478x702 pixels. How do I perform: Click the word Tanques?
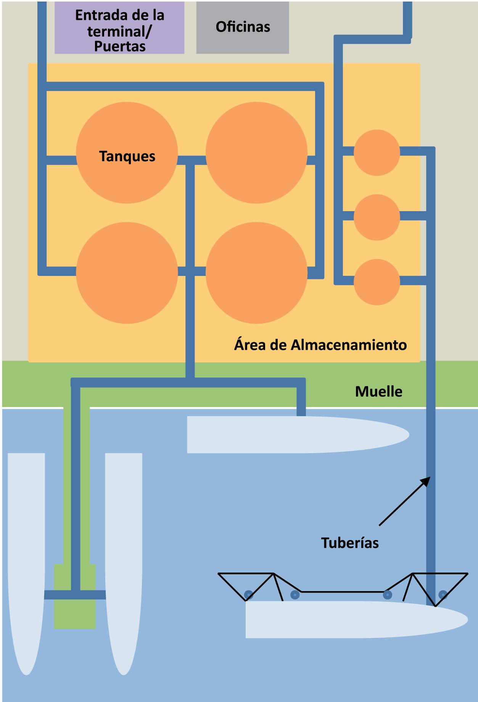click(x=127, y=156)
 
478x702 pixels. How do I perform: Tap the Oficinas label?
click(x=243, y=27)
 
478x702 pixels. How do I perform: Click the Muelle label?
click(x=378, y=391)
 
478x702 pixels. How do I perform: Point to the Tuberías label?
click(x=350, y=543)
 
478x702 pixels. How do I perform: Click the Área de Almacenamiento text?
click(x=320, y=345)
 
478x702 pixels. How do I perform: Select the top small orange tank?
click(x=377, y=152)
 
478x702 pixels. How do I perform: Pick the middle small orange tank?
click(x=377, y=217)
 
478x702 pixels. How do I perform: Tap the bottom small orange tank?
click(x=377, y=282)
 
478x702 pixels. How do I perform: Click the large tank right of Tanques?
click(x=256, y=152)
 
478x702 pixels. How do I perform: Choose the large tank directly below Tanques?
click(x=127, y=273)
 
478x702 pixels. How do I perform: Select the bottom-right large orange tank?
click(x=256, y=273)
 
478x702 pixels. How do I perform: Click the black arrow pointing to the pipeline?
click(x=404, y=501)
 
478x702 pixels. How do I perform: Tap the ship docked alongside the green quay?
click(x=298, y=434)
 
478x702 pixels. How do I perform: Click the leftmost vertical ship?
click(x=26, y=553)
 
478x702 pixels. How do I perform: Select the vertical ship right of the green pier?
click(x=124, y=553)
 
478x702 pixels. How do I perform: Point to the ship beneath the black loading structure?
click(x=355, y=619)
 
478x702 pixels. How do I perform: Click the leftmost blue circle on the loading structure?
click(x=249, y=594)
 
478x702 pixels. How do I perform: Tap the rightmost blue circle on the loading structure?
click(x=443, y=594)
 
